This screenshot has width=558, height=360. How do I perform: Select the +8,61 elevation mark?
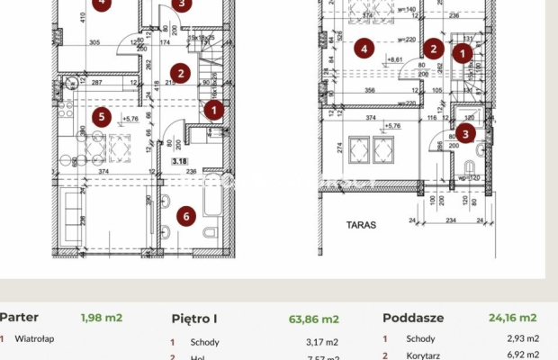(394, 60)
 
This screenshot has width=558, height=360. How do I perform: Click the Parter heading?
(18, 317)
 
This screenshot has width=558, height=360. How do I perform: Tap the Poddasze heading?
(412, 318)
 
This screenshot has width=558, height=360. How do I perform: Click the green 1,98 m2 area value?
(102, 318)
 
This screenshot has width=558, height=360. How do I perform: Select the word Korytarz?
(423, 356)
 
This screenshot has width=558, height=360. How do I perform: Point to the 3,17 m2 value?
(320, 342)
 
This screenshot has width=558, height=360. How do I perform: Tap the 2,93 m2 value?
(523, 338)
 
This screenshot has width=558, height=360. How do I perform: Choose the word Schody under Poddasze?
(420, 338)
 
